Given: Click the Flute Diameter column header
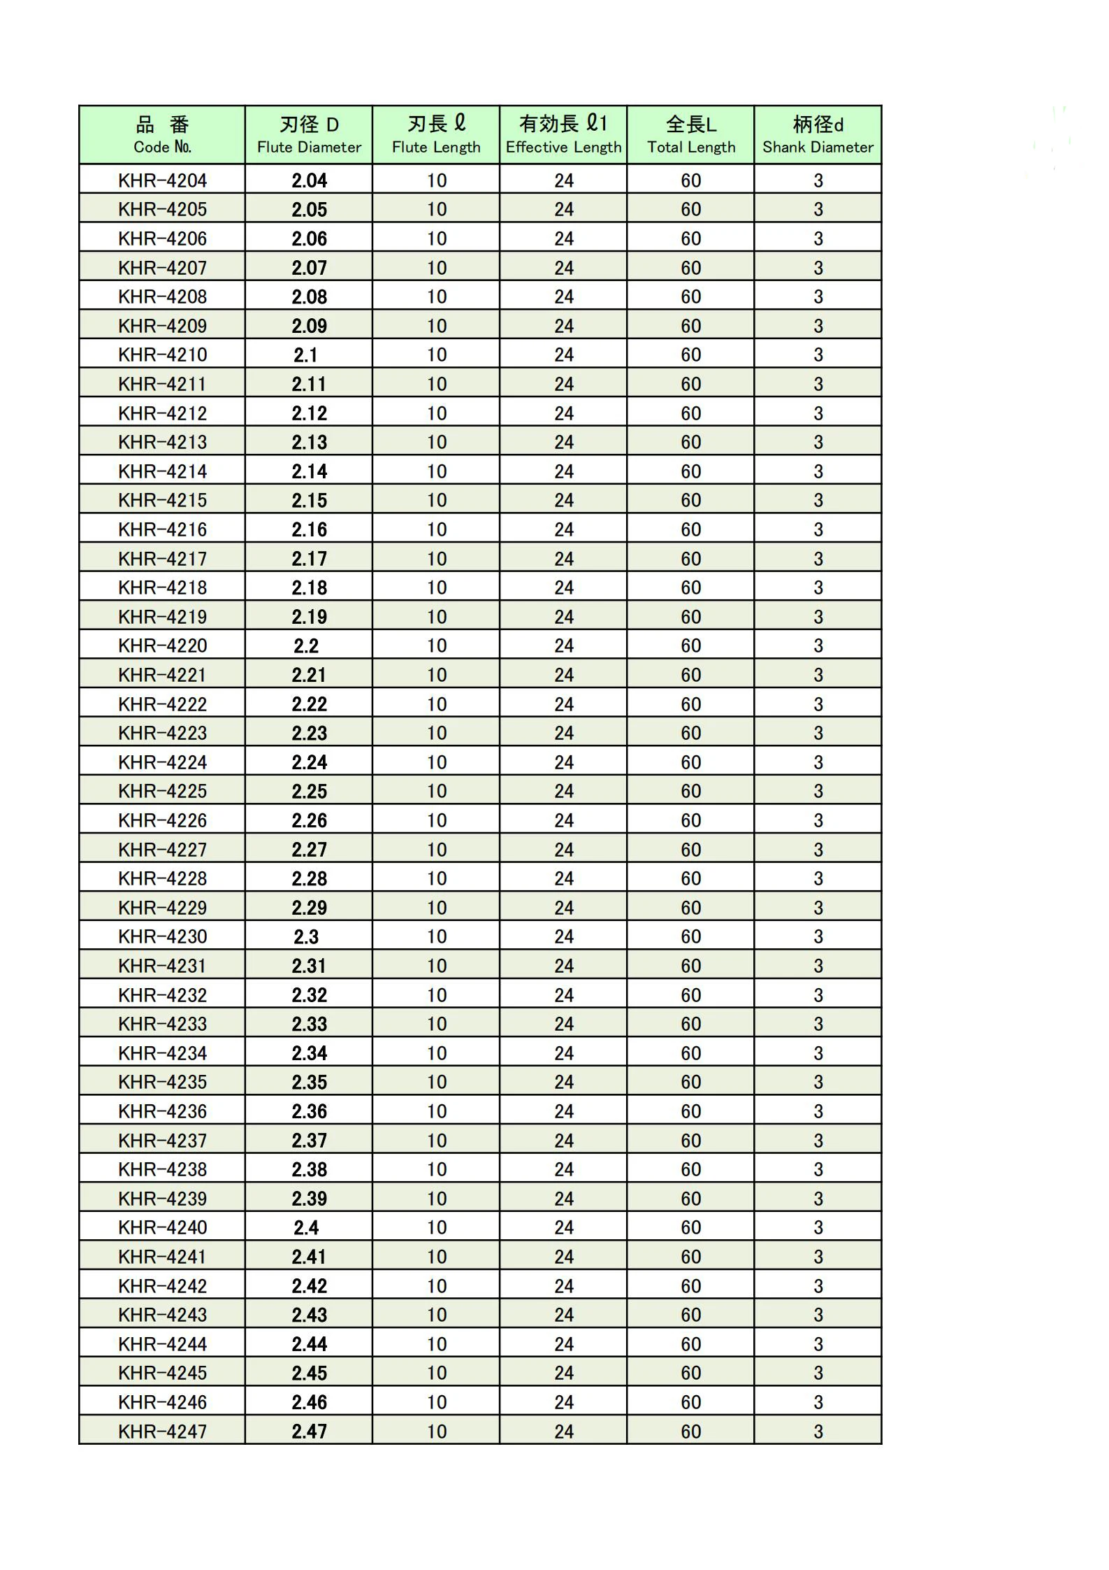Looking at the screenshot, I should click(x=309, y=135).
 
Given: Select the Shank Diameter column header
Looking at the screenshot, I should click(x=818, y=135).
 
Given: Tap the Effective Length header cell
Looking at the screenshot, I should click(x=563, y=135).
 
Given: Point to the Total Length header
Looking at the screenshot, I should click(x=690, y=135).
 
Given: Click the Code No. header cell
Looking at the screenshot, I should click(x=162, y=135).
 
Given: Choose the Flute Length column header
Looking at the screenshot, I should click(x=436, y=135).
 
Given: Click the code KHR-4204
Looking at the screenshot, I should click(x=162, y=180).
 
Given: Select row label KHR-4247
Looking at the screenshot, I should click(x=162, y=1432).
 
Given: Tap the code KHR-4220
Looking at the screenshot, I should click(x=162, y=645).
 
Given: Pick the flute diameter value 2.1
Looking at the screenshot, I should click(x=306, y=355).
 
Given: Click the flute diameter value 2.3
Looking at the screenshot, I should click(x=306, y=936).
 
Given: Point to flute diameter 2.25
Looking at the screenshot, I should click(x=309, y=791).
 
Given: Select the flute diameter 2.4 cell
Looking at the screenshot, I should click(x=306, y=1227).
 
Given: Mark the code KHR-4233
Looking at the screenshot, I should click(x=162, y=1024).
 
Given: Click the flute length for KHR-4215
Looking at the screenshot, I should click(x=437, y=500).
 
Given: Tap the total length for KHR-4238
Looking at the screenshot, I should click(x=691, y=1169).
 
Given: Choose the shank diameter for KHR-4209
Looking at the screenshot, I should click(x=818, y=326).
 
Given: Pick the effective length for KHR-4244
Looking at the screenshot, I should click(x=564, y=1344).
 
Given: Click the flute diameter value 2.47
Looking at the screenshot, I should click(x=309, y=1432).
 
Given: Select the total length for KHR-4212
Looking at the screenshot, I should click(x=691, y=413).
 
